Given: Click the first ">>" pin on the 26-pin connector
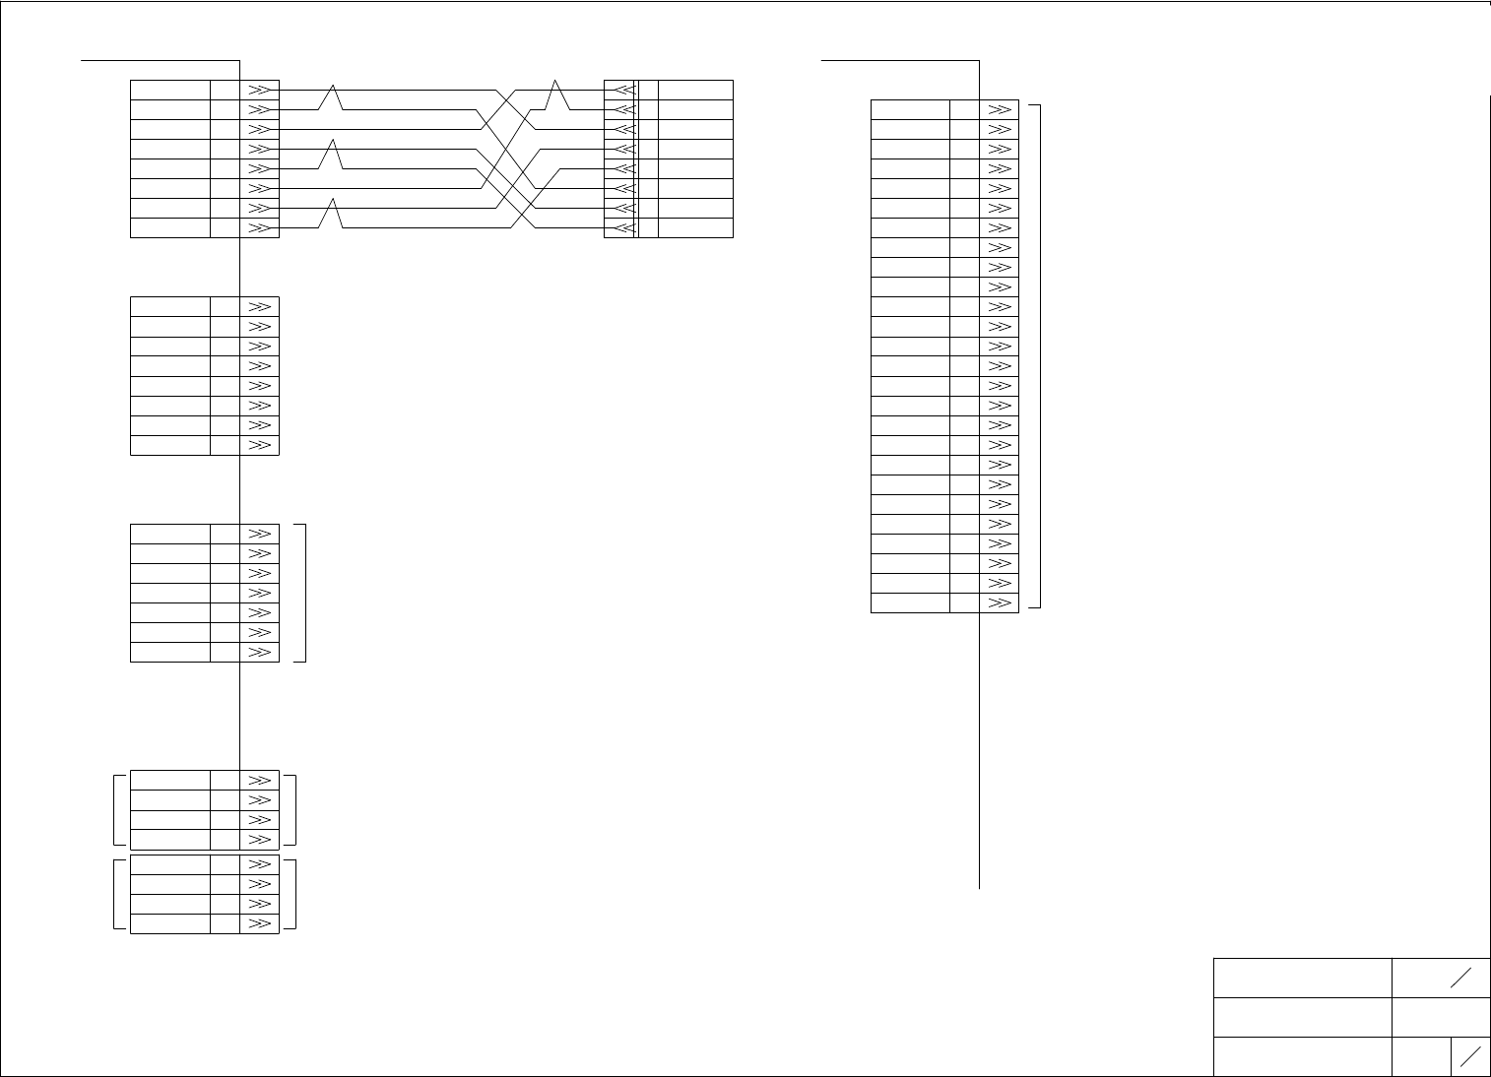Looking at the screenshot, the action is pos(999,109).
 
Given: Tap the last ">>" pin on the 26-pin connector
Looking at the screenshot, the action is pos(999,602).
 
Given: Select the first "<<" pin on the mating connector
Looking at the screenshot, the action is pos(622,90).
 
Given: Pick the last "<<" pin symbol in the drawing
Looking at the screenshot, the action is pos(622,228).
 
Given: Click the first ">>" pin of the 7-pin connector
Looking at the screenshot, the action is pos(259,534).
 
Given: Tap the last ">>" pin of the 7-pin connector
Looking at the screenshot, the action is pos(259,652).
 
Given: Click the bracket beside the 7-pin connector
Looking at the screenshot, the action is pos(305,593).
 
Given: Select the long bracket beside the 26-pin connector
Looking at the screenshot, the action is pos(1039,355).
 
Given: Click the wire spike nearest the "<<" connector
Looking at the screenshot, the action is pos(558,95).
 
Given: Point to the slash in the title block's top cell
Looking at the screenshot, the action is pos(1460,978).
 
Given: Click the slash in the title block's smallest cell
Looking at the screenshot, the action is pos(1470,1056).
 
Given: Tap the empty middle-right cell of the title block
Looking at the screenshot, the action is pos(1441,1017).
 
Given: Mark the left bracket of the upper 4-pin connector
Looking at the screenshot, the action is pos(116,809).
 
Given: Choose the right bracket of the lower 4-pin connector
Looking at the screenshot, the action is pos(294,894).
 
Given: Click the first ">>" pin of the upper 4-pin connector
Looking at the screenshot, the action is pos(259,780).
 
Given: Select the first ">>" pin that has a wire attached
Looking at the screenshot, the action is pos(259,90).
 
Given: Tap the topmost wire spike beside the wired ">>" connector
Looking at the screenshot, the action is pos(334,97).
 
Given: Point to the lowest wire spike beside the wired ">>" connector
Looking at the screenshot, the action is pos(334,213).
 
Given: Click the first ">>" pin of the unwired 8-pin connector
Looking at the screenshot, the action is pos(259,306).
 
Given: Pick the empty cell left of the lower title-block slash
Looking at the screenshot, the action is pos(1421,1056).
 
